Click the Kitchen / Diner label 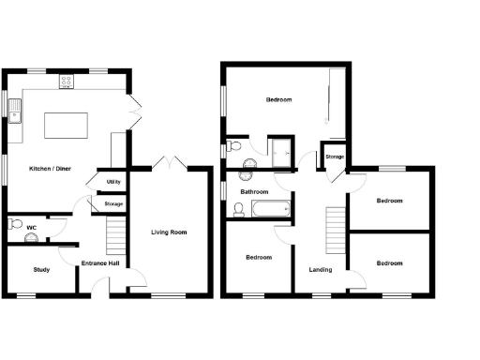pos(52,169)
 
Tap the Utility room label pos(112,182)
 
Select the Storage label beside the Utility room pos(113,203)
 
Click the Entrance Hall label pos(99,263)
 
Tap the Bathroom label pos(254,192)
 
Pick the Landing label pos(321,271)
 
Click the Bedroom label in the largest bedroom pos(278,100)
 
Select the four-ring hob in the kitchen pos(67,81)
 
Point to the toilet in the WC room pos(13,225)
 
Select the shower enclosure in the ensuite pos(280,147)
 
